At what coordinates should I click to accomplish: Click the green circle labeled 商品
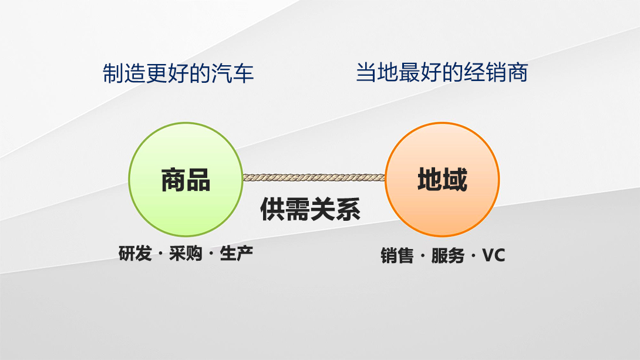click(186, 179)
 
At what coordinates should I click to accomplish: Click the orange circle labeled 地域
click(442, 179)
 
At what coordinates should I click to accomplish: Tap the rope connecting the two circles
click(314, 177)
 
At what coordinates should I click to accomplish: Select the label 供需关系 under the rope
click(310, 210)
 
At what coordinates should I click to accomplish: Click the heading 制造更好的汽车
click(178, 73)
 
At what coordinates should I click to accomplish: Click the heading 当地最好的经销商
click(442, 72)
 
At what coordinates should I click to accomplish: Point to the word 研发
click(135, 254)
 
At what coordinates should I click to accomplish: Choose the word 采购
click(186, 254)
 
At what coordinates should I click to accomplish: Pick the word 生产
click(236, 254)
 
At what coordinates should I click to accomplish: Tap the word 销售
click(397, 256)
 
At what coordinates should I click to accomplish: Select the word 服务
click(448, 256)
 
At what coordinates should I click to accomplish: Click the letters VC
click(493, 255)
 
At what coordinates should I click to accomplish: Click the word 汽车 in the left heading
click(233, 73)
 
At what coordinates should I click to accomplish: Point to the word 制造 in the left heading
click(123, 73)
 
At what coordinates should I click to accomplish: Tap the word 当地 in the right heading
click(377, 72)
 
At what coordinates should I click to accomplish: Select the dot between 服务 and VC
click(473, 257)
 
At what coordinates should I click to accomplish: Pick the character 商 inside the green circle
click(173, 180)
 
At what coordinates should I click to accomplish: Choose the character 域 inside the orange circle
click(454, 180)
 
